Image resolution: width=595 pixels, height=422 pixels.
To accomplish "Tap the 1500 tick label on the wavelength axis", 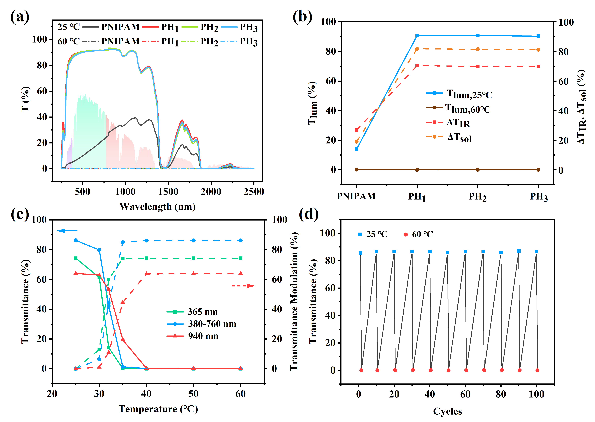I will point(168,192).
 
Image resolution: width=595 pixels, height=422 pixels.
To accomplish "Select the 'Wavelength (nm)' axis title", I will point(157,207).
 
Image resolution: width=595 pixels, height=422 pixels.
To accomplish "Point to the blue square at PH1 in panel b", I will point(417,36).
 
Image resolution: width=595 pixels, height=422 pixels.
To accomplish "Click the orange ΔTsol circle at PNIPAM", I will point(357,142).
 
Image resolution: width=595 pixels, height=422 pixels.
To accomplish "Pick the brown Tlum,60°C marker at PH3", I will point(538,170).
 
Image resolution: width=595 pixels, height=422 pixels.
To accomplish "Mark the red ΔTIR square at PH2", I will point(478,67).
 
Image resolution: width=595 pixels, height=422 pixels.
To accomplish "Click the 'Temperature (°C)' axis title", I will point(158,409).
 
